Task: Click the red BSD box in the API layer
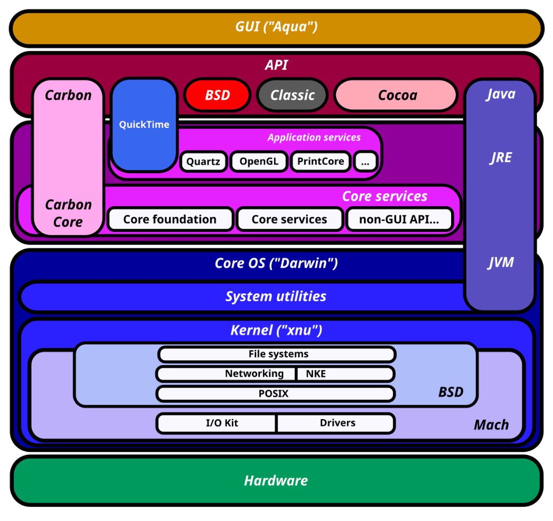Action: tap(217, 95)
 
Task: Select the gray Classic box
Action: tap(292, 95)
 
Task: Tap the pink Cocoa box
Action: tap(396, 95)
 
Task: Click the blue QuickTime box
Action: tap(144, 125)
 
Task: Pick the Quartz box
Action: tap(203, 161)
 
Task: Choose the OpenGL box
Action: tap(259, 161)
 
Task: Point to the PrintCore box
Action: tap(320, 161)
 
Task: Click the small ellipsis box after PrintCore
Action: tap(365, 161)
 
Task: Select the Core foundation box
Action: tap(170, 219)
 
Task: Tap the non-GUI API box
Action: tap(399, 219)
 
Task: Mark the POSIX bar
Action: tap(275, 394)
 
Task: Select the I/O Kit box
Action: tap(217, 423)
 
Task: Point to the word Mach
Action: tap(491, 425)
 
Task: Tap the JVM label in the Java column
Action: tap(500, 262)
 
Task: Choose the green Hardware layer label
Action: tap(276, 480)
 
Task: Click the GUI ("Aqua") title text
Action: tap(276, 26)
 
